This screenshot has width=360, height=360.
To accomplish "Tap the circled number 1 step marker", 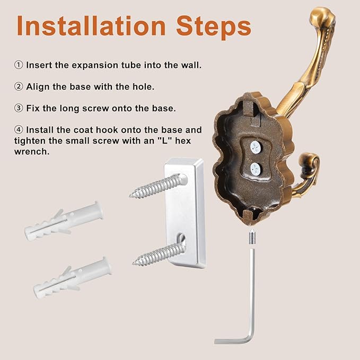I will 19,65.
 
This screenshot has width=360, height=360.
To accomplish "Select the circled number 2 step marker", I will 19,86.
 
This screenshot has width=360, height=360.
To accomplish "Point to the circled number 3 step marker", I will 19,108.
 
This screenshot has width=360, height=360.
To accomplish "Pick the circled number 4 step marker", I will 19,129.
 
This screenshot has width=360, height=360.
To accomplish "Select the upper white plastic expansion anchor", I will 64,220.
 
